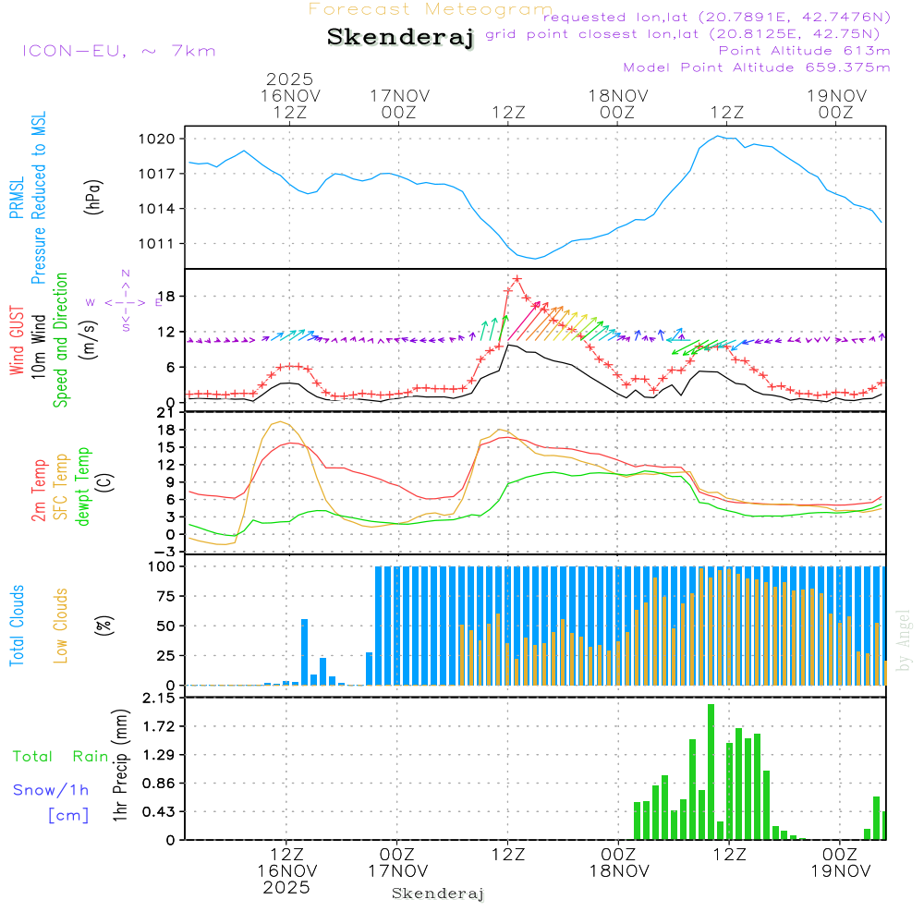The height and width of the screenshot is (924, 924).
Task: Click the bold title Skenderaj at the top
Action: tap(400, 38)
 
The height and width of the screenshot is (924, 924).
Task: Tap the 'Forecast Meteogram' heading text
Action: tap(430, 10)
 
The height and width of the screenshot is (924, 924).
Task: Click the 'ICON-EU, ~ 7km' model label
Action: tap(118, 51)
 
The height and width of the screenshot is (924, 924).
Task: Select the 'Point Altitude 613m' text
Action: tap(804, 51)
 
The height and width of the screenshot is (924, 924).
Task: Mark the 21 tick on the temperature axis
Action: tap(167, 412)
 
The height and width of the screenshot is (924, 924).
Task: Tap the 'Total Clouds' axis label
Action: tap(18, 626)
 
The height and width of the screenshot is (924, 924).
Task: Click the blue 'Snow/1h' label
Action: tap(51, 790)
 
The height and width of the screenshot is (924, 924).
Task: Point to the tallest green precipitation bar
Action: tap(711, 772)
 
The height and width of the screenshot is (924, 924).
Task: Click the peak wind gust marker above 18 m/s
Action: tap(517, 278)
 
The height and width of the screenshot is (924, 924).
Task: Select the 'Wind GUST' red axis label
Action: tap(18, 341)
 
